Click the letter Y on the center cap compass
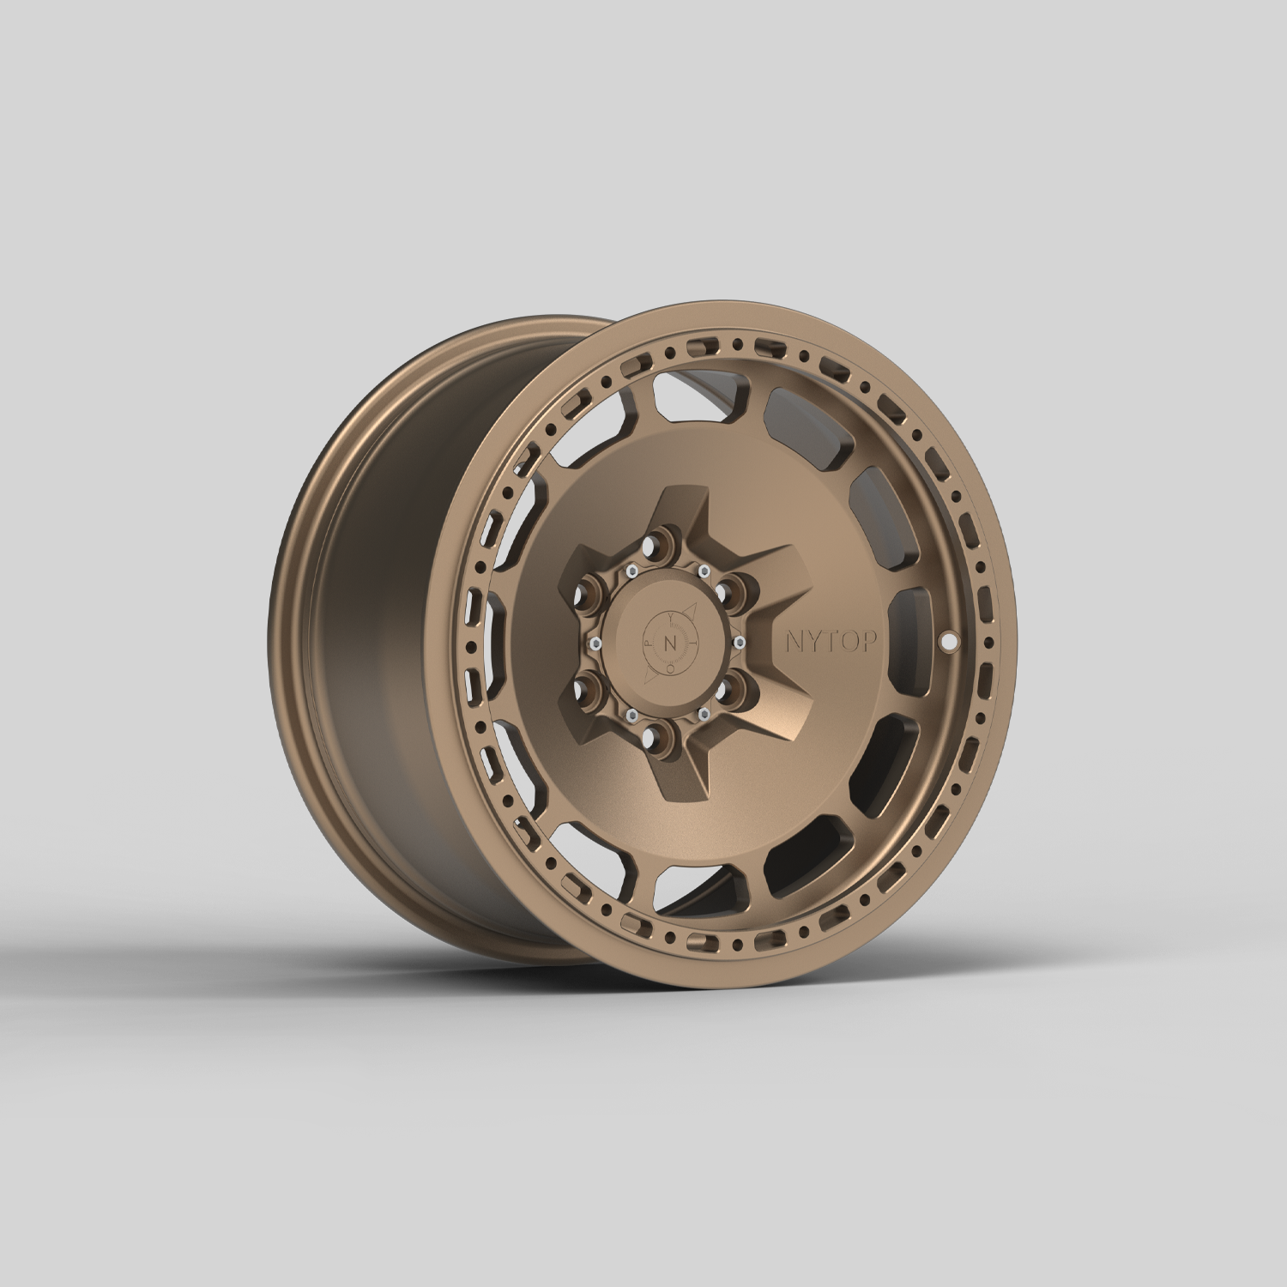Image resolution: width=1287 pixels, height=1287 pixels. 671,617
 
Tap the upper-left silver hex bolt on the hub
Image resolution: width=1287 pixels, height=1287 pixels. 631,571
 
